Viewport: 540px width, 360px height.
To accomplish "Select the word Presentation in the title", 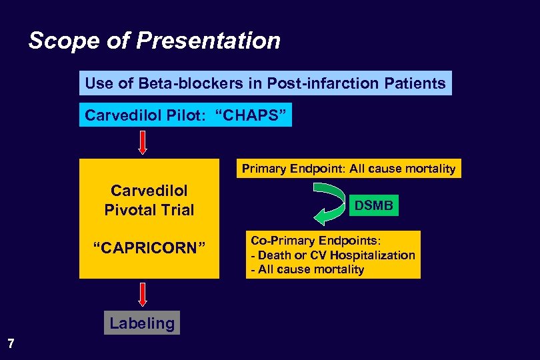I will (x=209, y=41).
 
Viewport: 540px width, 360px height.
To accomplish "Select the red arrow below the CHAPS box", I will (x=142, y=142).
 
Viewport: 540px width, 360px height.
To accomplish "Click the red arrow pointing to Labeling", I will (x=142, y=295).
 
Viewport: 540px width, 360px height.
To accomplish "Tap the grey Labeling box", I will (x=142, y=324).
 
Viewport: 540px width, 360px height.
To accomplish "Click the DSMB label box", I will (x=373, y=206).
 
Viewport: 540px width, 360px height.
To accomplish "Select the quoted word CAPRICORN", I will (x=149, y=249).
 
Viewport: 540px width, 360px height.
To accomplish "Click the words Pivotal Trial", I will (x=149, y=210).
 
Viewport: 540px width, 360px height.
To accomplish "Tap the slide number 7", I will (x=10, y=344).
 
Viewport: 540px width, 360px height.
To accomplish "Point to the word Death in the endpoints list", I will (x=273, y=255).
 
